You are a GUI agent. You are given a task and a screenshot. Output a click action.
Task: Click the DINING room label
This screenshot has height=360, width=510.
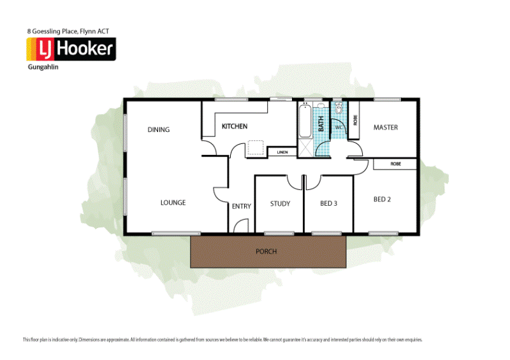point(159,130)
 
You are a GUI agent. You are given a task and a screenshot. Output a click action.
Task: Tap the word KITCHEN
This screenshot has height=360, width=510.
point(235,127)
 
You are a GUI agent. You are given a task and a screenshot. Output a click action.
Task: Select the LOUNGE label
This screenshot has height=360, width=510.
point(173,203)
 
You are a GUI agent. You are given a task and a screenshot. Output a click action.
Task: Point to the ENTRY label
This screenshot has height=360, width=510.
point(242,206)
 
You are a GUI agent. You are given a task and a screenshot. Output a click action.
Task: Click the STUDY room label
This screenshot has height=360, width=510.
point(280,204)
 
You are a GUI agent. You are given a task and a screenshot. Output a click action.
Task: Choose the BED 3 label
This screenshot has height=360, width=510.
point(328,204)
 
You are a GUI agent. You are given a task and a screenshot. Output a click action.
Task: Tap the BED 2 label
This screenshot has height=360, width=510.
point(382,199)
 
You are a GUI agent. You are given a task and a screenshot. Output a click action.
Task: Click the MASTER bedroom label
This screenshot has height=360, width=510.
point(385,127)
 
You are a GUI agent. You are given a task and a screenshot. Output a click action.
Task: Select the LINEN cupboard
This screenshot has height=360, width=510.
point(282,152)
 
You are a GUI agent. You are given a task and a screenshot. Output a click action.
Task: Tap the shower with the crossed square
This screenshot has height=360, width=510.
point(306,148)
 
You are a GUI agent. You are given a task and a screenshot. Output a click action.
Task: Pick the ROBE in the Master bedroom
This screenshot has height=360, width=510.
point(354,119)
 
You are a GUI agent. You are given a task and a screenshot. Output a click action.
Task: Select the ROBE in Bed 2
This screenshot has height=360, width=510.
point(395,164)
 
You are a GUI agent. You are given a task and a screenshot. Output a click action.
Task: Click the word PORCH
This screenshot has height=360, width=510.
point(266,252)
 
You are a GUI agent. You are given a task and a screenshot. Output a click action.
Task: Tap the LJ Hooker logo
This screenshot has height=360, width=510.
point(70,49)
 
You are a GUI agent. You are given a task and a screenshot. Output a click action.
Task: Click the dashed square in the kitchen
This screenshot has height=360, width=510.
point(256,148)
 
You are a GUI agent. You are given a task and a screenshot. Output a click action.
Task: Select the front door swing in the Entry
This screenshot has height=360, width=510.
point(240,225)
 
